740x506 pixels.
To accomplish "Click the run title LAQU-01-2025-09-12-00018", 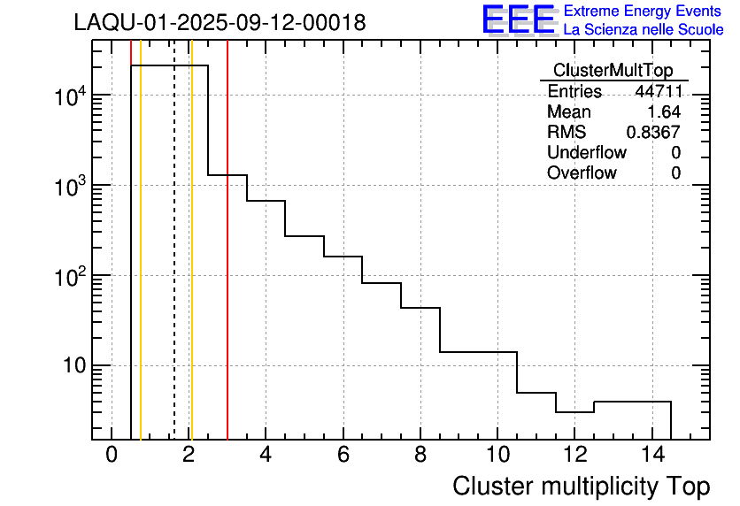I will (220, 23).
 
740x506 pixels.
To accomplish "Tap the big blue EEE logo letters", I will (518, 19).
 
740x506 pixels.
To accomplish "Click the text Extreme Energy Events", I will (643, 11).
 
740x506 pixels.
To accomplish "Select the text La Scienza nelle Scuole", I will (643, 30).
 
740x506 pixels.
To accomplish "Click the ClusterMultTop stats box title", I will (613, 71).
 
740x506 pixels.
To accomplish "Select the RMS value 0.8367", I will (653, 133).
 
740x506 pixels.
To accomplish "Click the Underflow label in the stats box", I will (586, 153).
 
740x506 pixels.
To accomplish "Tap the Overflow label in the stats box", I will (582, 173).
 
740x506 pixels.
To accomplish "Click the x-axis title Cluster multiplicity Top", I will (581, 486).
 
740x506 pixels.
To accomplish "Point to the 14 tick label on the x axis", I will (651, 455).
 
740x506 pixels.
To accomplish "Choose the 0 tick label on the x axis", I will (112, 455).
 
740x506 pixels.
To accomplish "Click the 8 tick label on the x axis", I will (420, 455).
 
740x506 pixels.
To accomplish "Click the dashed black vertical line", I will (173, 265).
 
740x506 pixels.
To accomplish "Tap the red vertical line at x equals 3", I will (227, 265).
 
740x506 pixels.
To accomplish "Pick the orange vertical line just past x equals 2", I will (191, 265).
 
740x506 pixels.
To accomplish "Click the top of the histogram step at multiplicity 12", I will (574, 412).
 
